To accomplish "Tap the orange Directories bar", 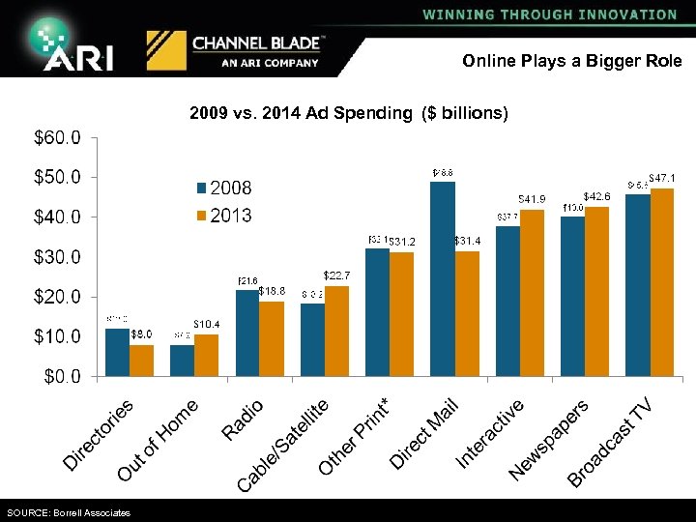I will pos(142,360).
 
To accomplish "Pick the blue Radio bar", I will pos(247,333).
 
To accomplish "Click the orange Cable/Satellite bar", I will pos(337,331).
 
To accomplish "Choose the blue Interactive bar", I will pos(507,301).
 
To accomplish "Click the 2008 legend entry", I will pos(223,188).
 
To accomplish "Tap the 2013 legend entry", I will pos(223,215).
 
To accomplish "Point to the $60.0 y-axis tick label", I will pos(58,137).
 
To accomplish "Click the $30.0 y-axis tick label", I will pos(58,257).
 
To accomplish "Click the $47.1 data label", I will pos(661,179).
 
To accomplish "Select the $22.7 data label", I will pos(336,276).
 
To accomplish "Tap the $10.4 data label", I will pos(207,324).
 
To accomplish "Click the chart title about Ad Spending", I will pos(348,113).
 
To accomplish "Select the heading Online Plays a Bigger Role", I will pos(571,61).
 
